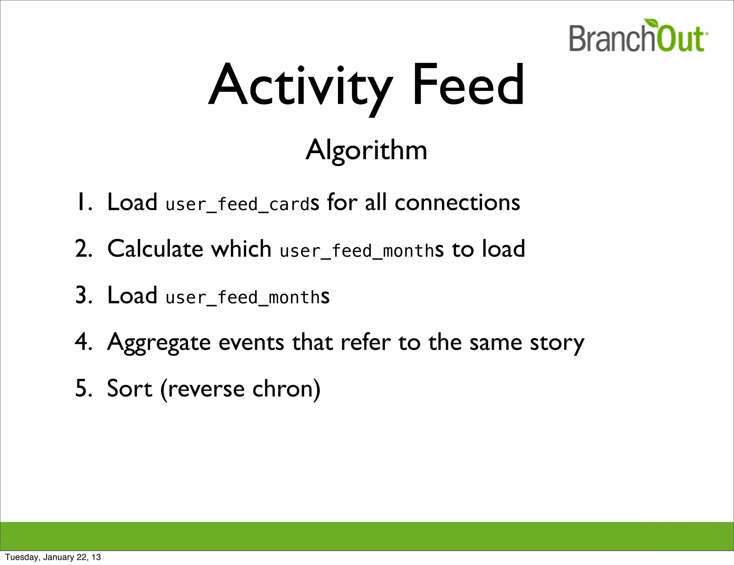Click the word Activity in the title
pyautogui.click(x=300, y=86)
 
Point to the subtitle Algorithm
pyautogui.click(x=366, y=150)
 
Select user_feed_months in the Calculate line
pyautogui.click(x=357, y=251)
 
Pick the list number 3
pyautogui.click(x=83, y=295)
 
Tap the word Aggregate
pyautogui.click(x=159, y=343)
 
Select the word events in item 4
pyautogui.click(x=251, y=343)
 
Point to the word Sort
pyautogui.click(x=129, y=389)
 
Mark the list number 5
pyautogui.click(x=83, y=389)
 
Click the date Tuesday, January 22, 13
pyautogui.click(x=53, y=557)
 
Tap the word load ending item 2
pyautogui.click(x=503, y=249)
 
